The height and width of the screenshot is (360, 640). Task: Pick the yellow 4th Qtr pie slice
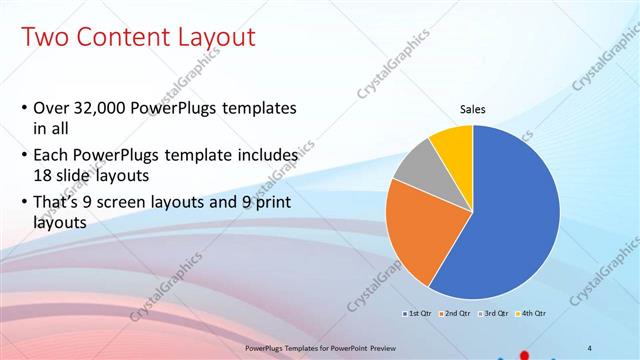(x=453, y=142)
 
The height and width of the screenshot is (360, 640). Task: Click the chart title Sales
(x=473, y=109)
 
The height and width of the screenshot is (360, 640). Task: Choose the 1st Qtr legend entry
(x=415, y=314)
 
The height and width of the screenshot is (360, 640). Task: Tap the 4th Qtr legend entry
(x=531, y=314)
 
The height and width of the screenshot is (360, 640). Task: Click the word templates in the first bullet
(x=261, y=108)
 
